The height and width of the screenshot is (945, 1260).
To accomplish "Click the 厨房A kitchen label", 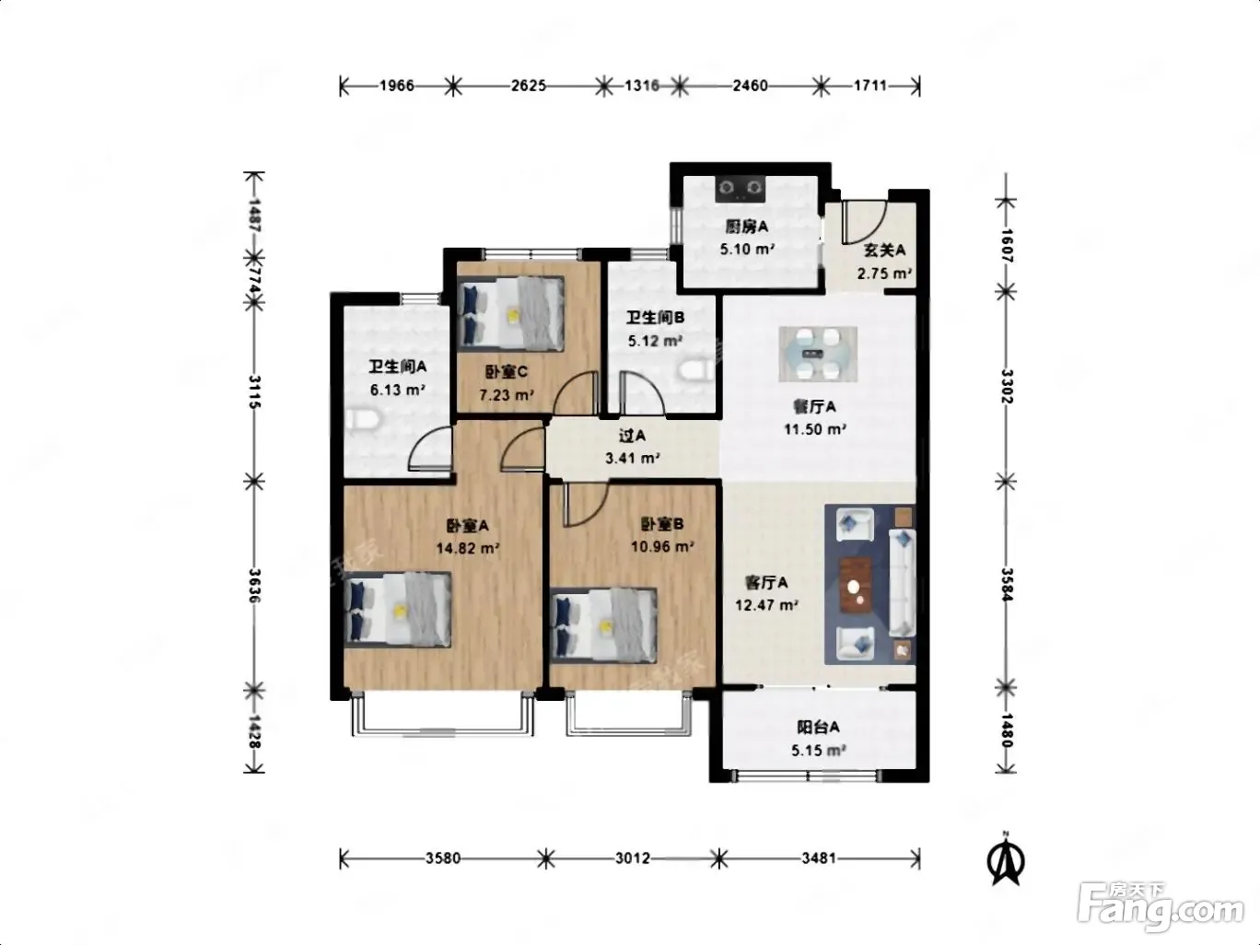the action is coord(746,227).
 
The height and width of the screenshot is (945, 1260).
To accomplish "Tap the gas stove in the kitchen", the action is coord(741,188).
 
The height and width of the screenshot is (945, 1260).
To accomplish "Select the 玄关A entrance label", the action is coord(884,251).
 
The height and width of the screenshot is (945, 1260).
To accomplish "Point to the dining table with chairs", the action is coord(818,354).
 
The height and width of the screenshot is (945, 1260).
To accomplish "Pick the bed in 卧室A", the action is coord(397,609).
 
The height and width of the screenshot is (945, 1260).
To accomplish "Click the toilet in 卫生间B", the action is coord(697,369).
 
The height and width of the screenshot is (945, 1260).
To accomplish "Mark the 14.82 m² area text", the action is coord(467,548).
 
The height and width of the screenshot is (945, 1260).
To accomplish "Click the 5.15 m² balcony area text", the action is coord(819,750).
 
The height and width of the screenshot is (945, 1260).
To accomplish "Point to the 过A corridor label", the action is coord(632,436).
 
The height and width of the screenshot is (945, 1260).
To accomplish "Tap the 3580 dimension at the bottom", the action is coord(443,857).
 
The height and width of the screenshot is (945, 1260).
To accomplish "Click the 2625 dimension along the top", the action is coord(529,86).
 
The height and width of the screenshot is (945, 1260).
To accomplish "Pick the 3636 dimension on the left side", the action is coord(255,585).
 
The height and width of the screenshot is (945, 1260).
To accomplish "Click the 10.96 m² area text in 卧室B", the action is coord(662,546).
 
